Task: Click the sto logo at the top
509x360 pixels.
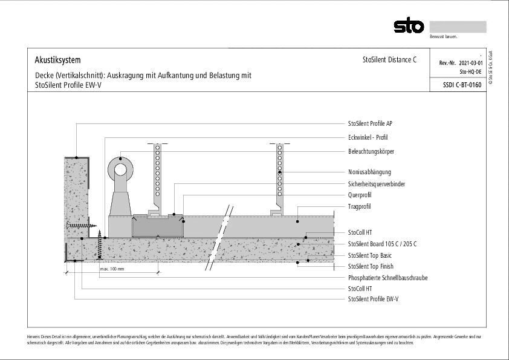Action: pyautogui.click(x=409, y=26)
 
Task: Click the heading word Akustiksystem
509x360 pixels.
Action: pyautogui.click(x=57, y=60)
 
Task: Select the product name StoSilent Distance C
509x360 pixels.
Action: pyautogui.click(x=389, y=60)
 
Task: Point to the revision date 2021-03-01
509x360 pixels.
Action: pyautogui.click(x=471, y=63)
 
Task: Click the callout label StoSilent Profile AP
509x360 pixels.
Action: pyautogui.click(x=370, y=123)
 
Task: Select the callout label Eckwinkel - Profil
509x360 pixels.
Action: pyautogui.click(x=368, y=137)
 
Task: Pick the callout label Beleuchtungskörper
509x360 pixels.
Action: pyautogui.click(x=371, y=151)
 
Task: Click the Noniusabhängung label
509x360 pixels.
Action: pyautogui.click(x=369, y=172)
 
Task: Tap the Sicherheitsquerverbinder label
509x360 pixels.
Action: pyautogui.click(x=376, y=183)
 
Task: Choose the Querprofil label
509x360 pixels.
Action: pyautogui.click(x=360, y=195)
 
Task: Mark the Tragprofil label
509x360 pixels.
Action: pyautogui.click(x=359, y=206)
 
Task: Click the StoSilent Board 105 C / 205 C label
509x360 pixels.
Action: pyautogui.click(x=382, y=244)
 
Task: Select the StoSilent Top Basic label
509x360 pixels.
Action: pyautogui.click(x=369, y=255)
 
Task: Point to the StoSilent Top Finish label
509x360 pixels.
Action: pyautogui.click(x=371, y=266)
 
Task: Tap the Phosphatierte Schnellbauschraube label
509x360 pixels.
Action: pyautogui.click(x=387, y=278)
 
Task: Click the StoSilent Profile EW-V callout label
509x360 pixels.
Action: pyautogui.click(x=373, y=299)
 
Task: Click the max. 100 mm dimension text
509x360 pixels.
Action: pyautogui.click(x=112, y=269)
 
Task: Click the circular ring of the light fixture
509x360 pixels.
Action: pyautogui.click(x=121, y=170)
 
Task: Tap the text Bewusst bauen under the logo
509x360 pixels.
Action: pyautogui.click(x=443, y=37)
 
